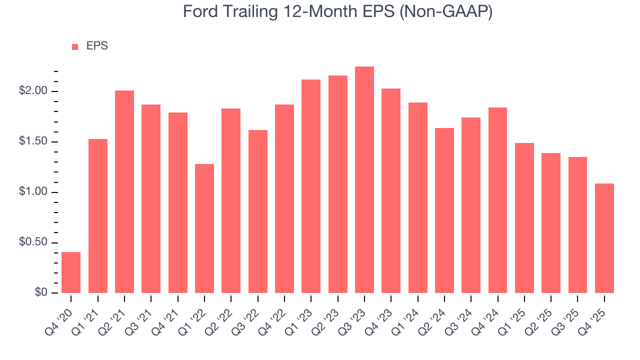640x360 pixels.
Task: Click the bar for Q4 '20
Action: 71,272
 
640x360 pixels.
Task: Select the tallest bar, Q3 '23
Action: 364,180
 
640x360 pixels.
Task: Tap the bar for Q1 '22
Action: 204,228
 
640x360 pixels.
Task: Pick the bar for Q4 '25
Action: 604,238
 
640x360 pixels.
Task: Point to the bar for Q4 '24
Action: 497,200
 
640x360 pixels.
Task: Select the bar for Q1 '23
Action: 311,186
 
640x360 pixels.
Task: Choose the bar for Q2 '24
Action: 444,210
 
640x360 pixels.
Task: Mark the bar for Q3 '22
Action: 258,211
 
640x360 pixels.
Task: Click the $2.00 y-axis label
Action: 34,91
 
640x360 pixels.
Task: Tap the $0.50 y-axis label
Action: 34,242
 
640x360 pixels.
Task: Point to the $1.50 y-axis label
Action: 34,142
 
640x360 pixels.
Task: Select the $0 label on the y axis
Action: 41,293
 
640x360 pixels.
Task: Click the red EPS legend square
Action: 75,47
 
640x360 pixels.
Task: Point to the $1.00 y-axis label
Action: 34,192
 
